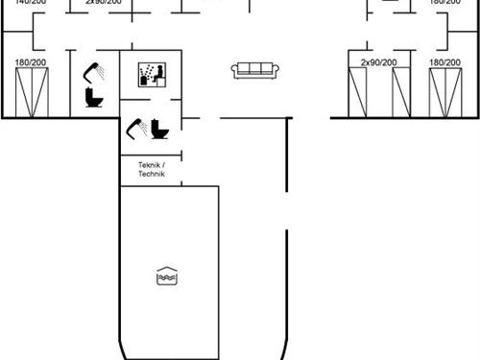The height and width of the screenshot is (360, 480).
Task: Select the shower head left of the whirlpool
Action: point(94,71)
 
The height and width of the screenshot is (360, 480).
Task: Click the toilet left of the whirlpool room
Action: point(94,97)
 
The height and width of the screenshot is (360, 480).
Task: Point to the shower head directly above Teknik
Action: point(136,125)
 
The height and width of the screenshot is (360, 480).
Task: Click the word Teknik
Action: point(150,165)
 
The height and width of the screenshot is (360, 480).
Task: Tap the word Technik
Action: point(151,174)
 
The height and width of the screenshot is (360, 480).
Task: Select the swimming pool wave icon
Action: point(166,276)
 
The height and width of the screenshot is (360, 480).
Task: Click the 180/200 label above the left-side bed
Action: point(31,62)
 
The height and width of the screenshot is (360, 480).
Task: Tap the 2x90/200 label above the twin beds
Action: point(378,62)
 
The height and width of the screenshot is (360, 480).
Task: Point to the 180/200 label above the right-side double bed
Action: point(444,62)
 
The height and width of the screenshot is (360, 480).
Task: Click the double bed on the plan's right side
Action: point(444,93)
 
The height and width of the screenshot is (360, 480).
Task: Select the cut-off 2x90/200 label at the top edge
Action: point(103,3)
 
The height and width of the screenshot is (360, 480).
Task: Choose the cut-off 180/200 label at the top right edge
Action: point(444,3)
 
